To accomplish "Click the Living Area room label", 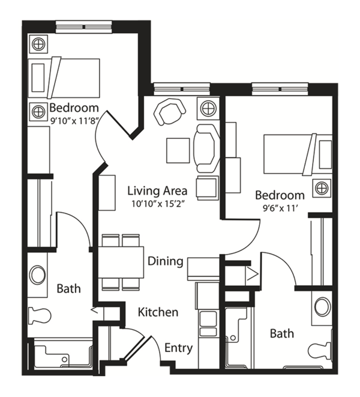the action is (x=157, y=190).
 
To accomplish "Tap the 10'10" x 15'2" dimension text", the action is (x=157, y=204).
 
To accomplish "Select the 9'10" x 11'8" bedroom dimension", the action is (x=74, y=121).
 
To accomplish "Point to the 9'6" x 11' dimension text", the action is (x=280, y=208).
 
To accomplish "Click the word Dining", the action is (x=166, y=261).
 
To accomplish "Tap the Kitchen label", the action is (x=158, y=312).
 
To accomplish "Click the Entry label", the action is (x=179, y=348).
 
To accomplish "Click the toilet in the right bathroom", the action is (x=320, y=351).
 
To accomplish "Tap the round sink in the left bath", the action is (x=37, y=274).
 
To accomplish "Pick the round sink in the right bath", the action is (x=322, y=307).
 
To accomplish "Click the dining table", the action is (x=121, y=262).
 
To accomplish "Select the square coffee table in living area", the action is (x=178, y=151).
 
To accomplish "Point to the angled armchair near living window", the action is (x=169, y=112).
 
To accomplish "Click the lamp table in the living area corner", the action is (x=208, y=108).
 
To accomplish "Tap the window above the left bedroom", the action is (x=84, y=27).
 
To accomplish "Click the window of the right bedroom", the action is (x=280, y=89).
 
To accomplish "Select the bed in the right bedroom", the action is (x=298, y=154).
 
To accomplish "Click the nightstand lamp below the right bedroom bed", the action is (x=322, y=188).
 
